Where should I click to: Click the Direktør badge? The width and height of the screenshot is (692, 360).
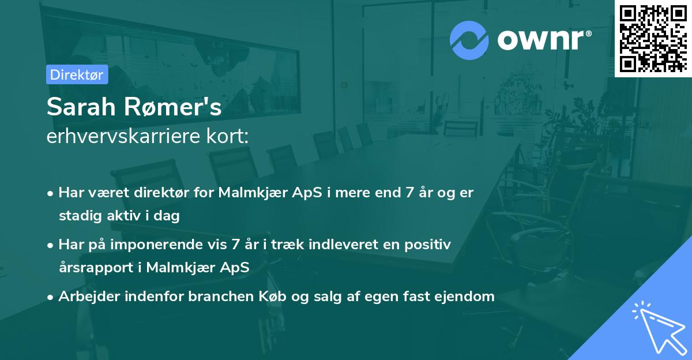pos(77,74)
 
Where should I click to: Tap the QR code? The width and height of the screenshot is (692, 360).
pos(653,38)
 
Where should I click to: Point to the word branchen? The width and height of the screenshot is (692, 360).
pos(201,297)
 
